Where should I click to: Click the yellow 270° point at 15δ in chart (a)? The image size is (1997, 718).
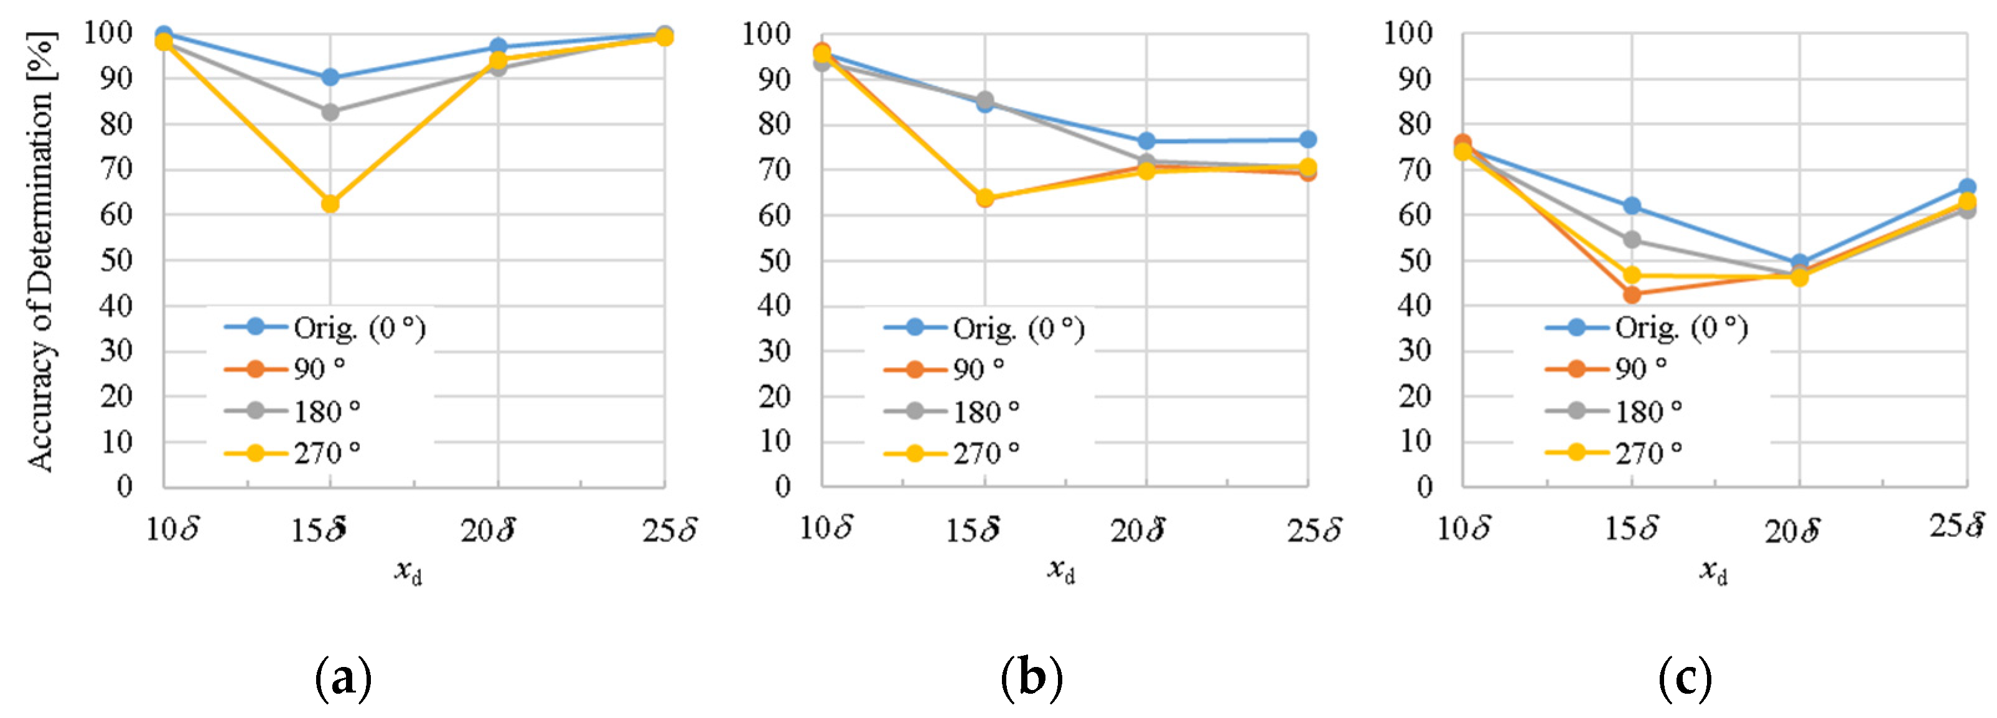click(x=330, y=204)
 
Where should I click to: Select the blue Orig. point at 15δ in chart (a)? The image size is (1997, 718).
click(x=330, y=78)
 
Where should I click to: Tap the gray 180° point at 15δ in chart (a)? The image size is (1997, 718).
click(x=330, y=111)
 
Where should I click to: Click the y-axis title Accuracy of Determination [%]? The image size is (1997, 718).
click(x=40, y=252)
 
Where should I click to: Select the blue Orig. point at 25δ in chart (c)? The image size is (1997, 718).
click(x=1967, y=187)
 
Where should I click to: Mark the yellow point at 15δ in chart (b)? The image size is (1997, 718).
click(x=984, y=198)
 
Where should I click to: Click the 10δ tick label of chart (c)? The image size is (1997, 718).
click(x=1464, y=529)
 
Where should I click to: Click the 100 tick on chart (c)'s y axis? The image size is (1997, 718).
click(x=1408, y=34)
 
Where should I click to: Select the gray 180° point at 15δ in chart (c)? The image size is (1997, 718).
click(x=1632, y=240)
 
